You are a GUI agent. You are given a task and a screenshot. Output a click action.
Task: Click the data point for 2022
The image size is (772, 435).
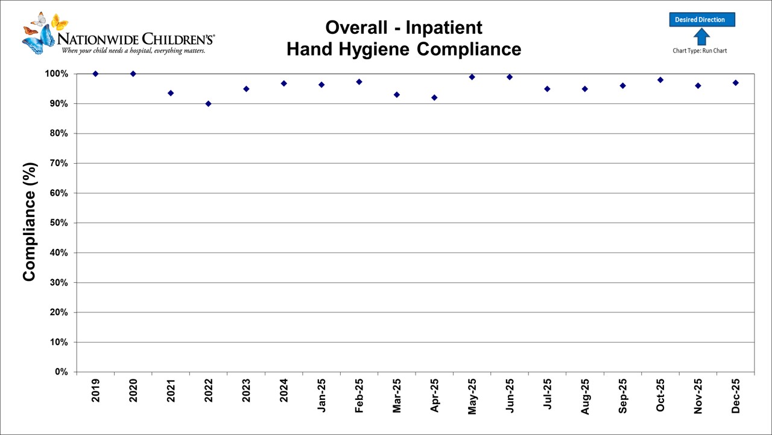pos(208,103)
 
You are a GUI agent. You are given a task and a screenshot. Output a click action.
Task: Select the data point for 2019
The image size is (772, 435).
pos(95,74)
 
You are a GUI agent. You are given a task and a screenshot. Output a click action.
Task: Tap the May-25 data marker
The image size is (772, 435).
pos(472,77)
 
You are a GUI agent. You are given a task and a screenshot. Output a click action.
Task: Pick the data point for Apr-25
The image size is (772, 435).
pos(434,97)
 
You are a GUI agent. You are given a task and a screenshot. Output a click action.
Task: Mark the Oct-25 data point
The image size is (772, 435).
pos(660,80)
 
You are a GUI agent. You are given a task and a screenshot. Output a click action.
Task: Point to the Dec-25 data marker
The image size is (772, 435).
pos(736,83)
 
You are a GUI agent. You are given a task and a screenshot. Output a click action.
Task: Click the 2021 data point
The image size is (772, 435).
pos(171,93)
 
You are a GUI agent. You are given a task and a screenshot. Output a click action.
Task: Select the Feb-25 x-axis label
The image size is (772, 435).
pos(359,396)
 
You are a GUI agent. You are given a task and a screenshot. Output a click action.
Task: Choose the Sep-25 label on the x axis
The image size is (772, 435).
pos(623,396)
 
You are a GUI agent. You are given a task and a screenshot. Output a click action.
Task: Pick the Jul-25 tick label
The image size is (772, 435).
pos(548,396)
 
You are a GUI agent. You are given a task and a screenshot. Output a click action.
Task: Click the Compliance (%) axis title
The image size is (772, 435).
pos(30,222)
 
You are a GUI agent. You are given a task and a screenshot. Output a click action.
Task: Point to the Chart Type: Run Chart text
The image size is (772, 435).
pos(700,51)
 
